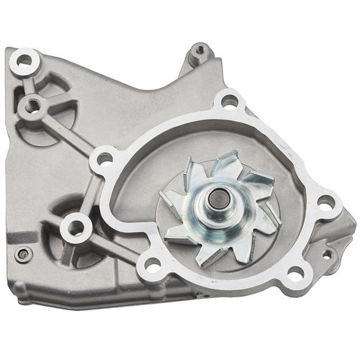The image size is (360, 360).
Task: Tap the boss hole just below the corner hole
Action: pos(32,107)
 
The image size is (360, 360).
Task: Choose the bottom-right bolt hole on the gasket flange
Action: pos(294,272)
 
